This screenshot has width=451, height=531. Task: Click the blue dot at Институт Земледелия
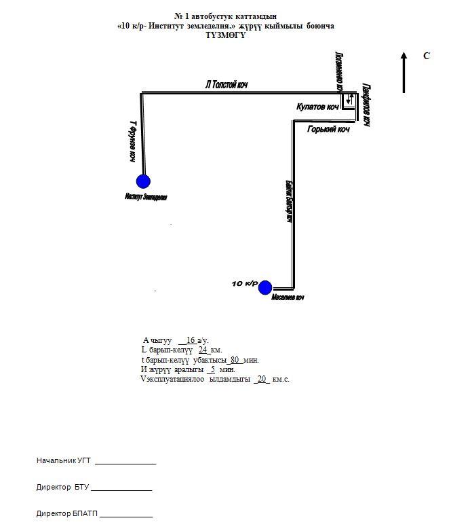pos(143,181)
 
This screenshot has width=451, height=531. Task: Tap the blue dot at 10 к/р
pos(264,287)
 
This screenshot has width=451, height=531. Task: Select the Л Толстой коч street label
pos(227,86)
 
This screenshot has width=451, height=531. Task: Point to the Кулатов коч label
pos(317,107)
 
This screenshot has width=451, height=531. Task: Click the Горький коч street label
pos(328,129)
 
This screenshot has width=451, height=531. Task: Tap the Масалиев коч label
pos(288,298)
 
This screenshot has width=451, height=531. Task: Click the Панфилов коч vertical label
pos(366,105)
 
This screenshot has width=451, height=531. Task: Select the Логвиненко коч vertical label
pos(338,71)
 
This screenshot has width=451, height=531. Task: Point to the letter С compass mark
pos(427,56)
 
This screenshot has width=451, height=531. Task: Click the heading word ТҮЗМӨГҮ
pos(226,35)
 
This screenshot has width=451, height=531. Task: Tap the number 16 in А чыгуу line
pos(190,340)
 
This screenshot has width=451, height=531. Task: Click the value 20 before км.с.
pos(262,379)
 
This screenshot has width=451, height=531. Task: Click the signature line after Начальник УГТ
pos(125,463)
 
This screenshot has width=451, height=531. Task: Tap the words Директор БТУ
pos(63,488)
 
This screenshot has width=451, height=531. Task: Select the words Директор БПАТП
pos(67,513)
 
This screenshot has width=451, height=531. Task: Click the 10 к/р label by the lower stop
pos(244,282)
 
